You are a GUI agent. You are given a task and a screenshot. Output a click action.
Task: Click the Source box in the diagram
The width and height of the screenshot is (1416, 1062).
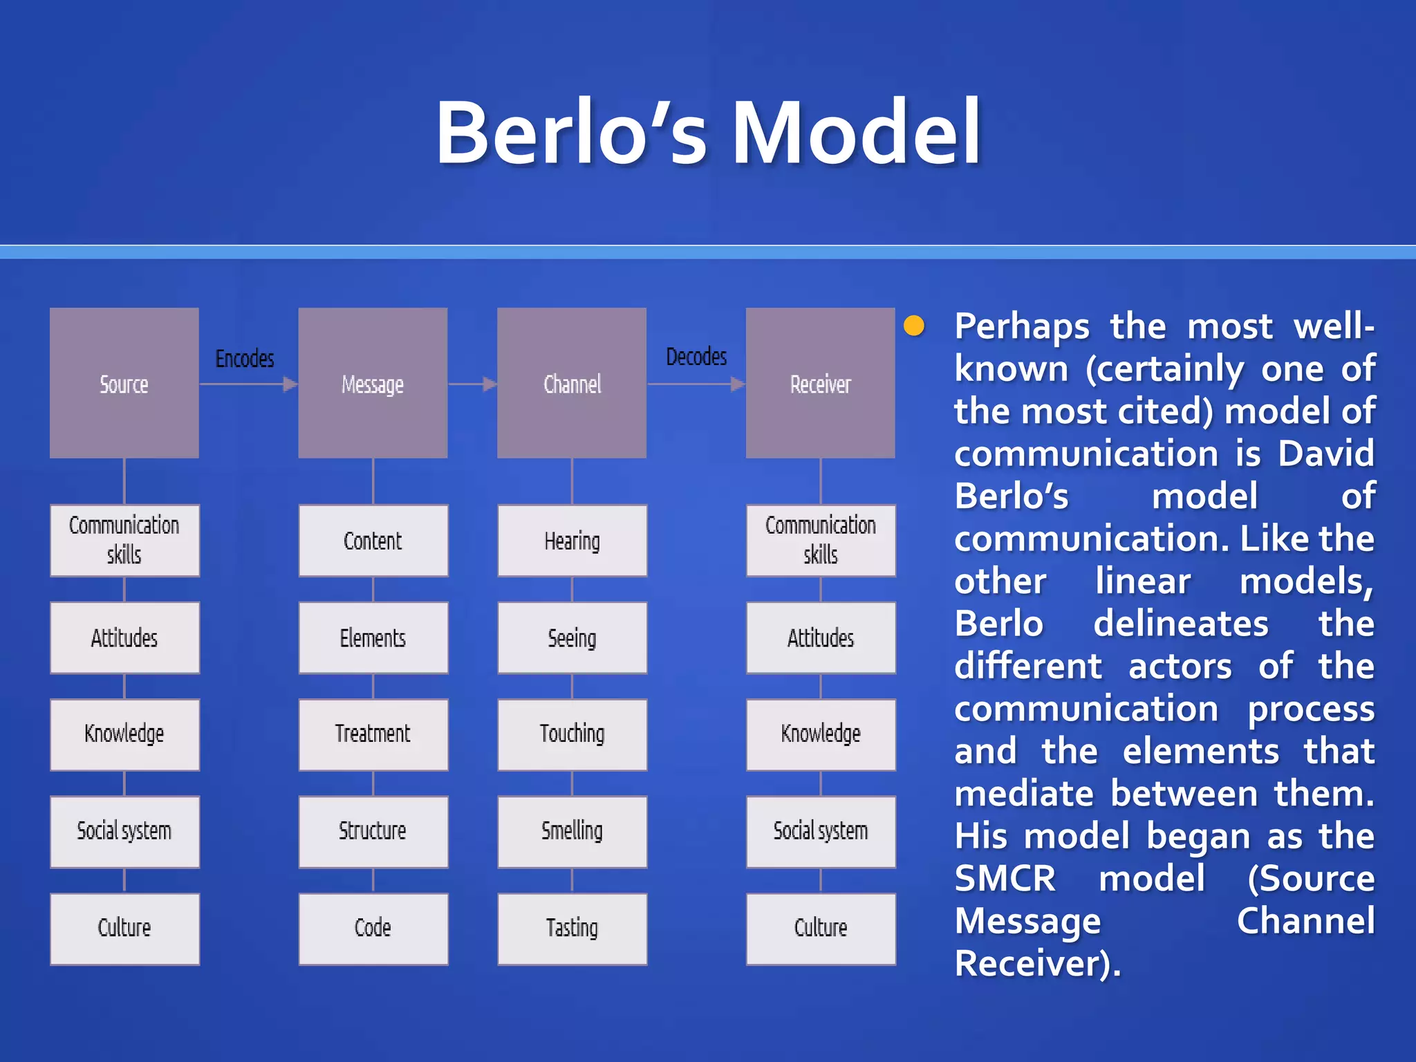[x=124, y=383]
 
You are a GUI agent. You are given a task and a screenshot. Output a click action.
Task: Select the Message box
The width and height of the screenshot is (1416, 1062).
[x=373, y=383]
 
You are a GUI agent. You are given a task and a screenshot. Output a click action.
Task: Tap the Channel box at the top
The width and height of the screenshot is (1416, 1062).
[x=572, y=383]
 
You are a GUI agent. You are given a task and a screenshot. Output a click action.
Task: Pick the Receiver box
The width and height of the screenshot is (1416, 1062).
[x=820, y=383]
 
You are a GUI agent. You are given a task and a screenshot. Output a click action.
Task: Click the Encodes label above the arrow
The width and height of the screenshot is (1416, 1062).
[x=245, y=358]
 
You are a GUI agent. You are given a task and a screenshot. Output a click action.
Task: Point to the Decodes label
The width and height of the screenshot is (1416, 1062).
[x=696, y=357]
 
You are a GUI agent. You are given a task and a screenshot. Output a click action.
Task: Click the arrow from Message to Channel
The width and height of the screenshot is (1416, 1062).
[x=472, y=384]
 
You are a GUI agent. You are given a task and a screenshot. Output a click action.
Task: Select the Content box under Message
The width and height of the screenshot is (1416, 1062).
[x=373, y=541]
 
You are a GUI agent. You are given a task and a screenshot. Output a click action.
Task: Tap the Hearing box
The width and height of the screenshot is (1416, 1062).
[x=572, y=541]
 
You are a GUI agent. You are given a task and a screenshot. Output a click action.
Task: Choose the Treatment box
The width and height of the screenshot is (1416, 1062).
[x=373, y=734]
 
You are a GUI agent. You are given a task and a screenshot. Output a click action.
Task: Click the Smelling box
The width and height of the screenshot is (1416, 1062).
[x=572, y=831]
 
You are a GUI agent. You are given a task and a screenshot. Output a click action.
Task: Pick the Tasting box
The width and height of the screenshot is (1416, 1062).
[x=572, y=928]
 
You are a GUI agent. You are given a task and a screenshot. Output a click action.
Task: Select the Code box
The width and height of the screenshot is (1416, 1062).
[x=373, y=928]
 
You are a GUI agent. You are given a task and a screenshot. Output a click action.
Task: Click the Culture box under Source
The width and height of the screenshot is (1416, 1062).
[x=124, y=928]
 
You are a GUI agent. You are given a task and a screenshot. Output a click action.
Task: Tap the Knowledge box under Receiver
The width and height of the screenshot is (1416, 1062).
[x=820, y=734]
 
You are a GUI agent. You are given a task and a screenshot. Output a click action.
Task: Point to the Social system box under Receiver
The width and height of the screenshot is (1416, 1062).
[x=820, y=831]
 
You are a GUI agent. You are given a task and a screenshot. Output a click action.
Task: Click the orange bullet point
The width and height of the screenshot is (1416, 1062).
[x=914, y=326]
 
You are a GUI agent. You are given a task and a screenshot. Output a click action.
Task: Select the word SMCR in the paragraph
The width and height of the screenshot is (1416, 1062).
[x=1005, y=879]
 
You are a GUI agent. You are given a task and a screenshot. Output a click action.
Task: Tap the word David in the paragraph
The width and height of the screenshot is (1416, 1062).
[x=1325, y=454]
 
